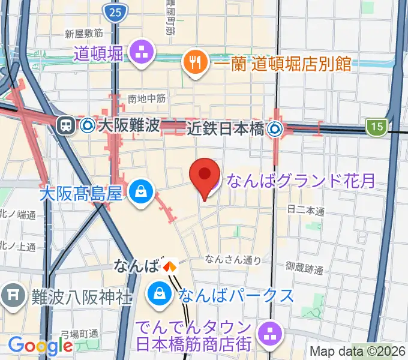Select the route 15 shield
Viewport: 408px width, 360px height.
[x=375, y=126]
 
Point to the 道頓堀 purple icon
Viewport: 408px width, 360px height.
[x=142, y=52]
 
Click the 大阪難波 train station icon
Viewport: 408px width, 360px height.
[x=65, y=125]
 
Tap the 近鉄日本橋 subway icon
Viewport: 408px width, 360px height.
[x=275, y=127]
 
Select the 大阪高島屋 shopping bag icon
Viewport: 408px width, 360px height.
[x=140, y=193]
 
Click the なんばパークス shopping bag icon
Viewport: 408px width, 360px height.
[x=160, y=295]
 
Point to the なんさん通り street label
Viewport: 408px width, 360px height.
[x=233, y=259]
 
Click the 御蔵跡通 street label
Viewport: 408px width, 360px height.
[x=304, y=269]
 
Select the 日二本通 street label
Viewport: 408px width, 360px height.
[x=306, y=211]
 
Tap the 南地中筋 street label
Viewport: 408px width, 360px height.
[x=146, y=98]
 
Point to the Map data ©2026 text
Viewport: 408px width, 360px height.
[x=357, y=352]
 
